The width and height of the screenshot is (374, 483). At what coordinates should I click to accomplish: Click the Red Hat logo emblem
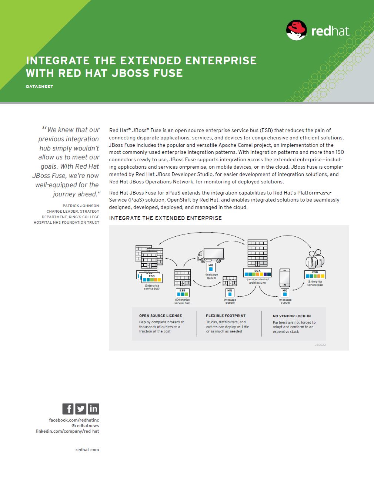(296, 30)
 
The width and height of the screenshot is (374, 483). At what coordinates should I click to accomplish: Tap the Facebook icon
(68, 409)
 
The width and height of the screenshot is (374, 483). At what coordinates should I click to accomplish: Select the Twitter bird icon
(81, 409)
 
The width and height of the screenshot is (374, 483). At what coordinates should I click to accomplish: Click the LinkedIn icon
(93, 409)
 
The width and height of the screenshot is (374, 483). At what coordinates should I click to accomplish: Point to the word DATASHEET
(40, 87)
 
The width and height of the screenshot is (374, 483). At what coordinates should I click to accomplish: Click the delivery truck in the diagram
(211, 256)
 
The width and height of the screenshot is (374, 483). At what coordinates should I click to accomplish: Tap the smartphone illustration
(285, 278)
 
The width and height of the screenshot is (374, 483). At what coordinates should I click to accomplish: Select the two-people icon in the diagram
(315, 259)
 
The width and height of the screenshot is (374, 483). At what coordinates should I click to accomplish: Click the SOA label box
(257, 273)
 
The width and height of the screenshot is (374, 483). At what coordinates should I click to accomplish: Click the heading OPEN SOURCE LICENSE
(160, 315)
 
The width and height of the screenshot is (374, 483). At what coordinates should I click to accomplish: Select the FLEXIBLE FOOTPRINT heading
(226, 315)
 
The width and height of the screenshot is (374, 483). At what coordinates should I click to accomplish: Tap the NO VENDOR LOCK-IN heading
(292, 316)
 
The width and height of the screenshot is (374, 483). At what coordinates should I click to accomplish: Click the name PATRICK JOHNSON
(81, 206)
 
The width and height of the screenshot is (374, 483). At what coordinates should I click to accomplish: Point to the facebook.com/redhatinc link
(74, 420)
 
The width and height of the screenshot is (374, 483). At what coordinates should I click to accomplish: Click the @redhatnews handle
(85, 426)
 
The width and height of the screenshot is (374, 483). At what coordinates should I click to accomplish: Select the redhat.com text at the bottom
(87, 450)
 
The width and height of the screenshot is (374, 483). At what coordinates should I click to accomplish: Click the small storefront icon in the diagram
(230, 281)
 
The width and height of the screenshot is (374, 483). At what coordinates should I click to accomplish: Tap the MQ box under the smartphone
(285, 293)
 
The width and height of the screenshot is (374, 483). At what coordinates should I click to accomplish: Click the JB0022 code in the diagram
(320, 345)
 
